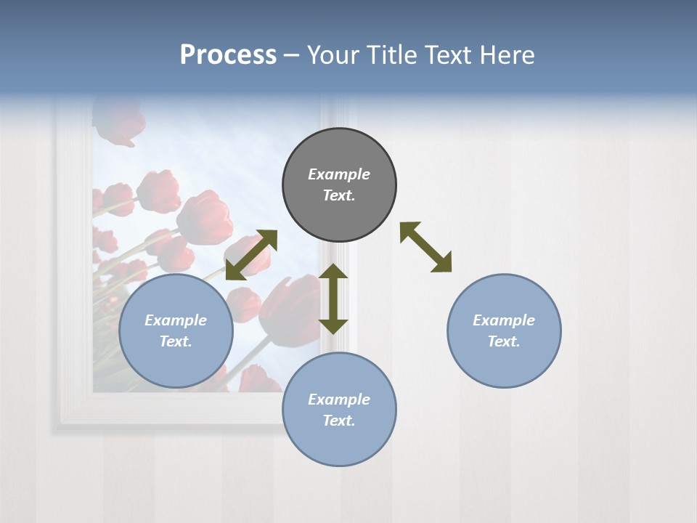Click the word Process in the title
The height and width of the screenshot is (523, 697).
[228, 55]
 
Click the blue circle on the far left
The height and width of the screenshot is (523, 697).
[176, 331]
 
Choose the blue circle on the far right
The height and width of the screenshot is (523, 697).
[504, 331]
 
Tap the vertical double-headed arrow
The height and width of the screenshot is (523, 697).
[333, 299]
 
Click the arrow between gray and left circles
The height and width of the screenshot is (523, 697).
[251, 255]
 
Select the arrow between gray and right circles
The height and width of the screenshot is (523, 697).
[426, 247]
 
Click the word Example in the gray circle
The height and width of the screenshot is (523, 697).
[339, 174]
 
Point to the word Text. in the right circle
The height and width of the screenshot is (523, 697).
[504, 341]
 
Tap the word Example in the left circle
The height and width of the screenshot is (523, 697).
[176, 320]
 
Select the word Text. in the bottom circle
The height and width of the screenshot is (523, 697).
[339, 421]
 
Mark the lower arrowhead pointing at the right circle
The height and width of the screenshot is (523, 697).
[441, 263]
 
